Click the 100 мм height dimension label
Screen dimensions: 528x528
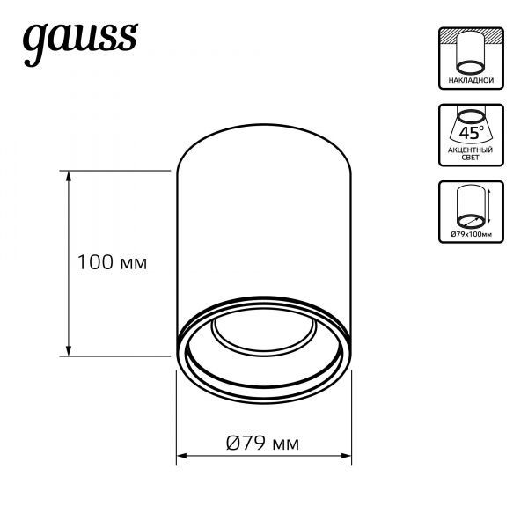pos(110,261)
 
